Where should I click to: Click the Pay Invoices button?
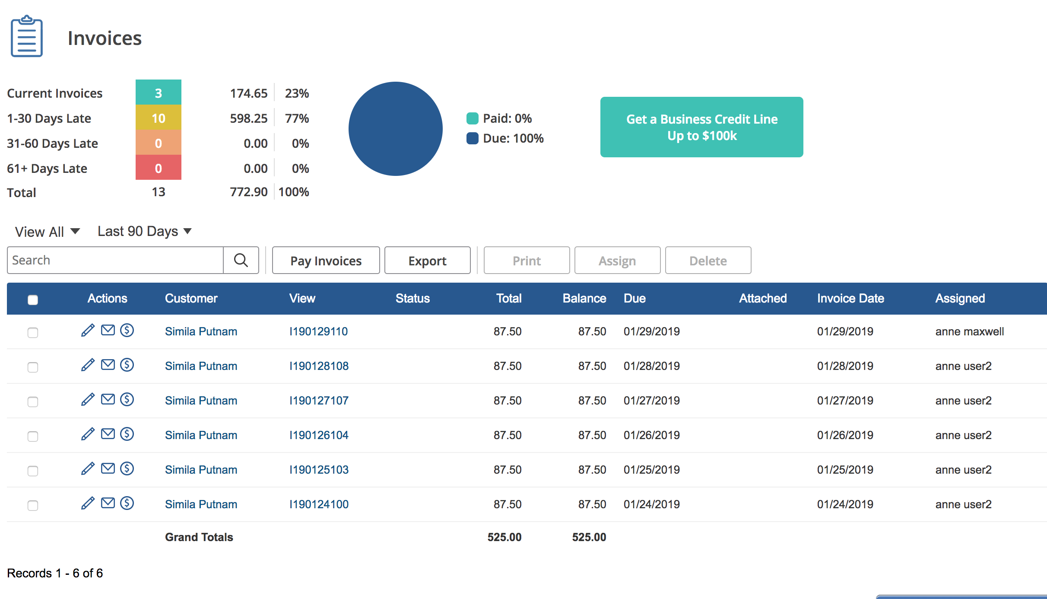326,260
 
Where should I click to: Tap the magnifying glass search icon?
241,260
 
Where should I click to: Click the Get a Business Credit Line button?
701,127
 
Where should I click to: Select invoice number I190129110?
318,331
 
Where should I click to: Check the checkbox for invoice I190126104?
33,436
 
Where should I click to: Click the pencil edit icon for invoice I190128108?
88,365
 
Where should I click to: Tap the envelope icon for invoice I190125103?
108,468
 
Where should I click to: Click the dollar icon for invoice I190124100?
127,503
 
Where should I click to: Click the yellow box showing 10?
159,118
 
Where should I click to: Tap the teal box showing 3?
159,92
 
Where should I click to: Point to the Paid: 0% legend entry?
499,118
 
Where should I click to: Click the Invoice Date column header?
850,298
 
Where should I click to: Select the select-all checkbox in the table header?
33,299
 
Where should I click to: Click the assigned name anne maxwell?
969,331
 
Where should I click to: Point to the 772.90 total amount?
249,192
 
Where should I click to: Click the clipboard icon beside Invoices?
27,37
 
